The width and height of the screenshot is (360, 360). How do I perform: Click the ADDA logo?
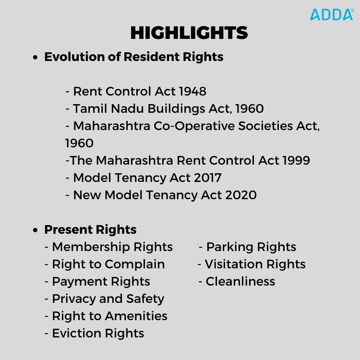[x=332, y=14]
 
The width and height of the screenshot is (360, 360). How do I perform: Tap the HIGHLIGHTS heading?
[x=189, y=33]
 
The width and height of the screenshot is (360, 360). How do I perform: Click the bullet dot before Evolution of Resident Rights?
[x=35, y=57]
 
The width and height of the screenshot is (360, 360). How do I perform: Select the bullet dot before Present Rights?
[x=35, y=230]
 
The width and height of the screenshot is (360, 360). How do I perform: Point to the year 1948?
[x=192, y=91]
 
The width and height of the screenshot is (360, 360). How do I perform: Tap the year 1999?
[x=296, y=160]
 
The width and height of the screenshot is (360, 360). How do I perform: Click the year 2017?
[x=208, y=178]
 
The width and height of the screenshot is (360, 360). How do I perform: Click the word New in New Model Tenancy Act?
[x=87, y=195]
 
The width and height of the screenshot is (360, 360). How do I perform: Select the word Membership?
[x=91, y=247]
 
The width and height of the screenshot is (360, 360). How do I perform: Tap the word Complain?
[x=135, y=264]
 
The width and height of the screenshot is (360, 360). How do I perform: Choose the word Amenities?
[x=136, y=316]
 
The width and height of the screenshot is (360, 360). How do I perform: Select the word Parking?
[x=230, y=247]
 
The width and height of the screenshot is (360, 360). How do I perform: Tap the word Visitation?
[x=234, y=264]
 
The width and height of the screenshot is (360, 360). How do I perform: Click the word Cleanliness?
[x=240, y=281]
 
